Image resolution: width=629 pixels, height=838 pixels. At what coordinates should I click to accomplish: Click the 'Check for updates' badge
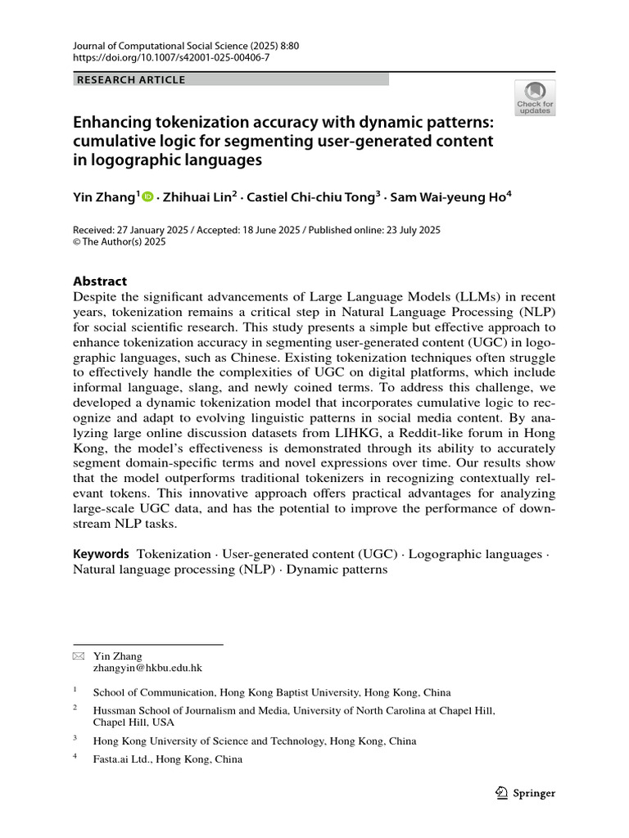coord(535,97)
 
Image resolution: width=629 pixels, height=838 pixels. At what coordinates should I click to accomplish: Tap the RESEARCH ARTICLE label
coord(131,79)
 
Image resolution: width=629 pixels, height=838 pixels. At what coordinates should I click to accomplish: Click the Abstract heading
coord(101,280)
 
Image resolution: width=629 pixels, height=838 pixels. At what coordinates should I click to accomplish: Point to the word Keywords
coord(102,554)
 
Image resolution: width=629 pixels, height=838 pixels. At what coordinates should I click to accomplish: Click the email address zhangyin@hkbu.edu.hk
coord(148,668)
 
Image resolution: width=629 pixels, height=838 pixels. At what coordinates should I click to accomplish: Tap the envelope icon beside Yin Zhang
coord(78,656)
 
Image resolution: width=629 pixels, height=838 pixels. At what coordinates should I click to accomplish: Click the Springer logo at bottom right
coord(526,793)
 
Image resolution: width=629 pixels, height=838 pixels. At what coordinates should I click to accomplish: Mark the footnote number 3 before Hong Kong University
coord(75,738)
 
